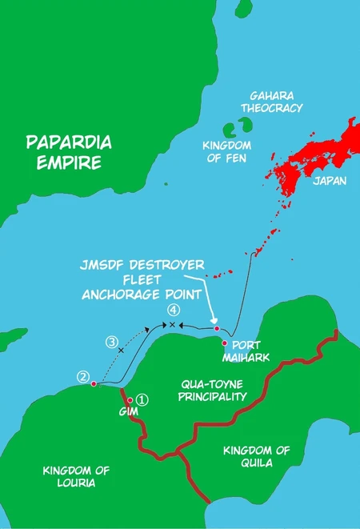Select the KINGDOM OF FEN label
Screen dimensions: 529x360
(226, 151)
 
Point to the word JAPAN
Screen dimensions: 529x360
(330, 182)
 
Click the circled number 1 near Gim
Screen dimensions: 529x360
(142, 398)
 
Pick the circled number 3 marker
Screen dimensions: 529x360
(112, 341)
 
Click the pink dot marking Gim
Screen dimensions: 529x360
(130, 400)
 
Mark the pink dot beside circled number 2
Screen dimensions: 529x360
(94, 384)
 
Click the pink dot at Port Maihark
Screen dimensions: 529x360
(225, 343)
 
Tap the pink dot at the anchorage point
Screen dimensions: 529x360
(216, 327)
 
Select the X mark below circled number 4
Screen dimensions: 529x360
(170, 324)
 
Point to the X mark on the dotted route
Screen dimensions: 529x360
(121, 351)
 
